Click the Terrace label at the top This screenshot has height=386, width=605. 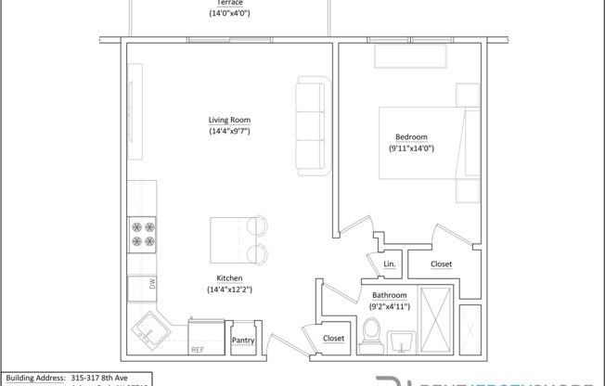pos(229,3)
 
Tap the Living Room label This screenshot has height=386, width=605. pos(229,120)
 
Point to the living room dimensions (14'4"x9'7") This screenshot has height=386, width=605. pos(229,132)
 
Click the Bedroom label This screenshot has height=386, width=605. pos(411,136)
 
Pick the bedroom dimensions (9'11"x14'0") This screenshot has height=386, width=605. pos(412,148)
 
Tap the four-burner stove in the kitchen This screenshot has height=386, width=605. pos(142,233)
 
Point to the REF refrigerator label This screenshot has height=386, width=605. pos(197,350)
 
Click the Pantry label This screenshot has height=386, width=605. pos(243,341)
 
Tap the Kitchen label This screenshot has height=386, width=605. pos(229,277)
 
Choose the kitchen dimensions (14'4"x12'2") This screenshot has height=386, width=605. pos(229,289)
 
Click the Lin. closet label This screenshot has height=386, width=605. pos(390,264)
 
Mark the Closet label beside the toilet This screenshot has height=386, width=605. pos(334,339)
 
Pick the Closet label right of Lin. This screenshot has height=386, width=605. pos(442,264)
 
